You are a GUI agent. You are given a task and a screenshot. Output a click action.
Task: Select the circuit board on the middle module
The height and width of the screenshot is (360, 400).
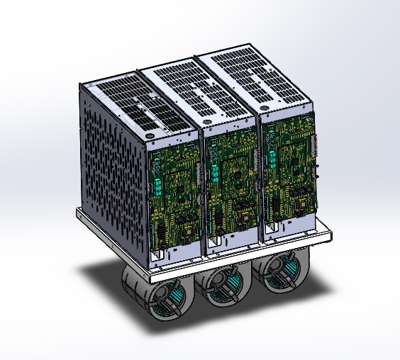pyautogui.click(x=232, y=186)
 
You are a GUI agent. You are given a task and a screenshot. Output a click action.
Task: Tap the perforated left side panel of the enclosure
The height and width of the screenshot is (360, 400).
pyautogui.click(x=113, y=167)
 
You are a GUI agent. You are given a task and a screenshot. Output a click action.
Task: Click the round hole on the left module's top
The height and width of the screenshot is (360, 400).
pyautogui.click(x=150, y=134)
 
